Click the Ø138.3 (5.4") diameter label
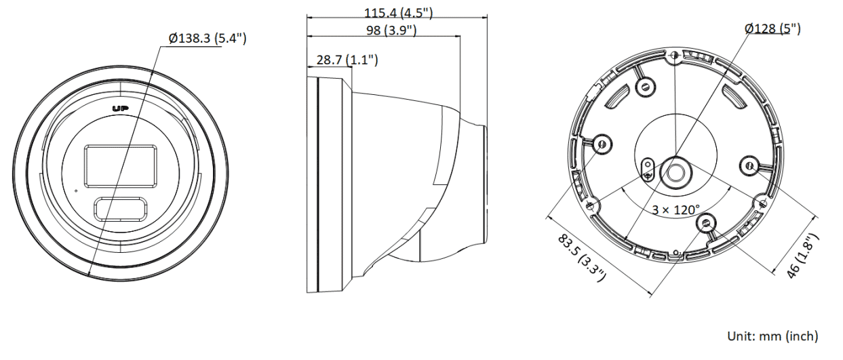point(208,38)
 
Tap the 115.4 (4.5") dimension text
point(398,13)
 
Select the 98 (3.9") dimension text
point(391,30)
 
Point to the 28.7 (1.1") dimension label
point(347,60)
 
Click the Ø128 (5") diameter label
point(772,28)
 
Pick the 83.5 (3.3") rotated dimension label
point(582,258)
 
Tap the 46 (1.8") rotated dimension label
point(803,256)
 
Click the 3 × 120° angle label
point(676,210)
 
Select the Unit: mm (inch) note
point(772,336)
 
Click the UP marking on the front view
point(121,108)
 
